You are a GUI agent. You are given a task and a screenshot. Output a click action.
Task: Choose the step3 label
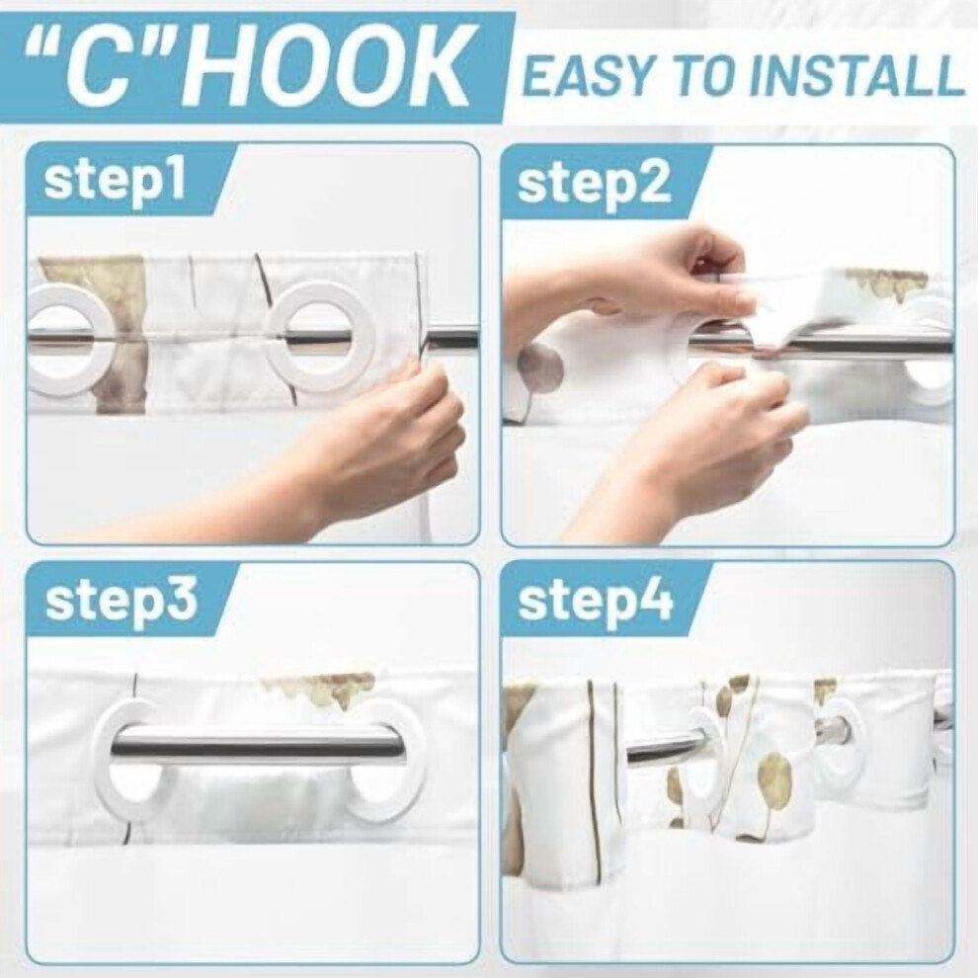coord(122,600)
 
